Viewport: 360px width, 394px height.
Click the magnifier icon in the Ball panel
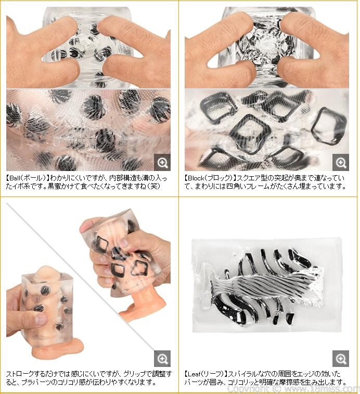(x=162, y=163)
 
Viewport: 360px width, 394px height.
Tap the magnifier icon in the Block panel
(x=341, y=163)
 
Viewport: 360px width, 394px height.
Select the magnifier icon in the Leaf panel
(x=341, y=359)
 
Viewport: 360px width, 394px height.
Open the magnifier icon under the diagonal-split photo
(x=162, y=359)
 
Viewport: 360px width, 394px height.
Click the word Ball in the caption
(x=15, y=178)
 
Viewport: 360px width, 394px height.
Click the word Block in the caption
(x=196, y=178)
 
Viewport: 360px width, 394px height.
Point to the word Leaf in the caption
(x=194, y=374)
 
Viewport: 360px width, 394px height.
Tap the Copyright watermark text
(x=293, y=389)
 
